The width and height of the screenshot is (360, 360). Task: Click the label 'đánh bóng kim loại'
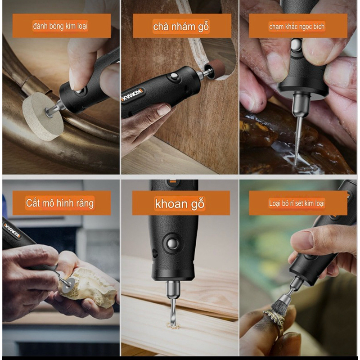click(x=60, y=26)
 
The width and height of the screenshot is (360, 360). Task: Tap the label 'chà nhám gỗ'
click(x=181, y=27)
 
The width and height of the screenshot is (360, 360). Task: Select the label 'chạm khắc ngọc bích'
click(x=297, y=27)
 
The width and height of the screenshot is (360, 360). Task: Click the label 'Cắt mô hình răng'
click(x=60, y=203)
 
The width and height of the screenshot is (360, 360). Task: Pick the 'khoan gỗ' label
click(x=180, y=204)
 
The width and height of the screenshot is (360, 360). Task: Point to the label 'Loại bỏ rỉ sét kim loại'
click(x=297, y=203)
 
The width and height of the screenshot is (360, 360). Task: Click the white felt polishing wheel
click(x=42, y=117)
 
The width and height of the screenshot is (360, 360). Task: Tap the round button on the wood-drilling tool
click(x=173, y=243)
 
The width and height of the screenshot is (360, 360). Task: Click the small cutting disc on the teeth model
click(x=68, y=285)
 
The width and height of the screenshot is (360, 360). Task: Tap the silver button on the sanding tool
click(x=174, y=76)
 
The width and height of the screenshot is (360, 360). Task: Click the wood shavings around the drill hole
click(x=172, y=325)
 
